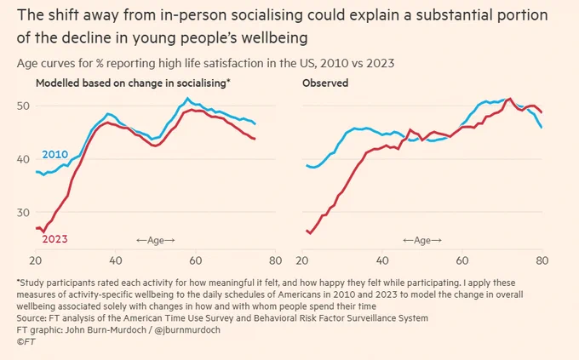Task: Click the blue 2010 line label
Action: pos(55,154)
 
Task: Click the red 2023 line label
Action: pos(55,239)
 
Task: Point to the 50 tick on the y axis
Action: pos(23,106)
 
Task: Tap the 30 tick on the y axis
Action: pos(23,212)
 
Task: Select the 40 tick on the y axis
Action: pos(23,159)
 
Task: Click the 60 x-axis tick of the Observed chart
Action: pos(462,260)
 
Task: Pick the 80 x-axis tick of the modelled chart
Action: pos(276,260)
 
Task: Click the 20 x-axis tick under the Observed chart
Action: pos(302,260)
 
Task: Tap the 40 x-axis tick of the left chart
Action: pos(116,260)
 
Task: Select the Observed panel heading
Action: pos(325,83)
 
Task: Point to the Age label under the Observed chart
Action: pos(422,240)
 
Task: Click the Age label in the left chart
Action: pos(156,240)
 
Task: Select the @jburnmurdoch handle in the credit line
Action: pos(187,329)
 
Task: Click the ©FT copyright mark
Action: pos(26,341)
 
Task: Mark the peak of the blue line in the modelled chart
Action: pos(187,98)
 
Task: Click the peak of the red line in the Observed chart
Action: pos(510,99)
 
